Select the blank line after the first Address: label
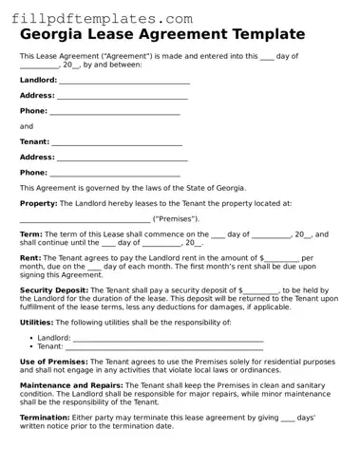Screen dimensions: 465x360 pyautogui.click(x=123, y=97)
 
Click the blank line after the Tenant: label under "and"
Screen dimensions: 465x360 pyautogui.click(x=117, y=143)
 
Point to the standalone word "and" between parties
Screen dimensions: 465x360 pyautogui.click(x=27, y=126)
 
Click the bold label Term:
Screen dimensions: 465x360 pyautogui.click(x=30, y=234)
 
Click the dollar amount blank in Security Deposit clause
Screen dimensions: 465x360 pyautogui.click(x=261, y=289)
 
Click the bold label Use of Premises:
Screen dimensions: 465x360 pyautogui.click(x=54, y=362)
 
